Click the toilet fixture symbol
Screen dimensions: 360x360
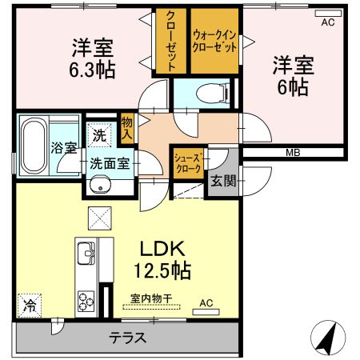213,93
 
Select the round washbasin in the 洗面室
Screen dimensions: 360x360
100,184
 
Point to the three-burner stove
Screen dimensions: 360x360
86,302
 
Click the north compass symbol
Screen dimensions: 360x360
328,338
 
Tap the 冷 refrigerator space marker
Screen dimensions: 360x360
30,306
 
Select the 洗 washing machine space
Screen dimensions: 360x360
99,135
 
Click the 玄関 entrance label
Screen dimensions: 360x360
223,182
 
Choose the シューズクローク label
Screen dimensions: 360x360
187,163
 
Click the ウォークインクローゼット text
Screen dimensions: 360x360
214,42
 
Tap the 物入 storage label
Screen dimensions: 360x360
127,129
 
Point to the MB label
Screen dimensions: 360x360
293,153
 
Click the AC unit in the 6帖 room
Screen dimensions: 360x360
328,13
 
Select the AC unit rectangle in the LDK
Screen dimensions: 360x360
206,312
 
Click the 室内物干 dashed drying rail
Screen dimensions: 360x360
151,306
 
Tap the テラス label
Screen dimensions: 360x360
128,338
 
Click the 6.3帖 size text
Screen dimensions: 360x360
92,70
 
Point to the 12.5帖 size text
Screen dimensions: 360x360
162,270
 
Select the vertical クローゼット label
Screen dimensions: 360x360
171,42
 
